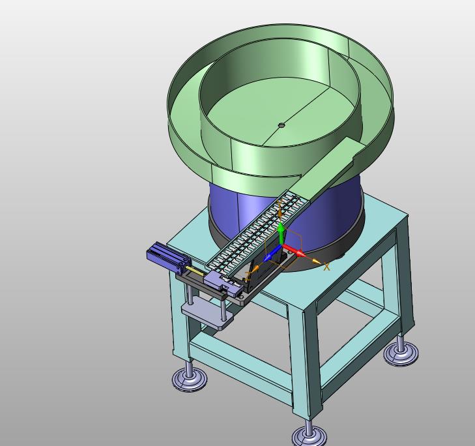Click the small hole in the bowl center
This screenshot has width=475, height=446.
pos(281,125)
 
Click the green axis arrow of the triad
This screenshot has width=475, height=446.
pos(281,233)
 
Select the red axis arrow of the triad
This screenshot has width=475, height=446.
pos(293,251)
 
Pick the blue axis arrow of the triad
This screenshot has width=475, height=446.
pos(272,254)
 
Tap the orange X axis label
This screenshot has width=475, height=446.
pos(326,267)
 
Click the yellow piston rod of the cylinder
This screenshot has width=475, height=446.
pos(195,271)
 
